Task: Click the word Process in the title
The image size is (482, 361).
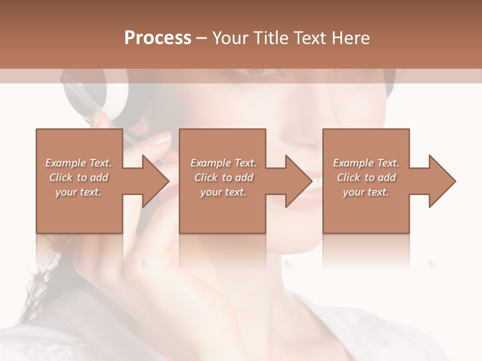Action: [158, 38]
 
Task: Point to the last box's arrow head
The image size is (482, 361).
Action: [441, 181]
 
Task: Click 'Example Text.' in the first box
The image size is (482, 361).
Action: [78, 163]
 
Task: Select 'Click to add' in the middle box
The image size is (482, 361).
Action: [223, 177]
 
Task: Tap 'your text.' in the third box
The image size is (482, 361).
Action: [366, 192]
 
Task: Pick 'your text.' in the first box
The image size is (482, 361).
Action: [78, 192]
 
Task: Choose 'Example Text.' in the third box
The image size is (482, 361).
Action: [366, 163]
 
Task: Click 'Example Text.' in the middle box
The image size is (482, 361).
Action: [223, 163]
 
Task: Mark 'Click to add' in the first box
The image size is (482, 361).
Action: [78, 177]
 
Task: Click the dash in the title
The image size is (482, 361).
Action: [202, 38]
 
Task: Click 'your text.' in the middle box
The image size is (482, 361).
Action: [223, 192]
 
